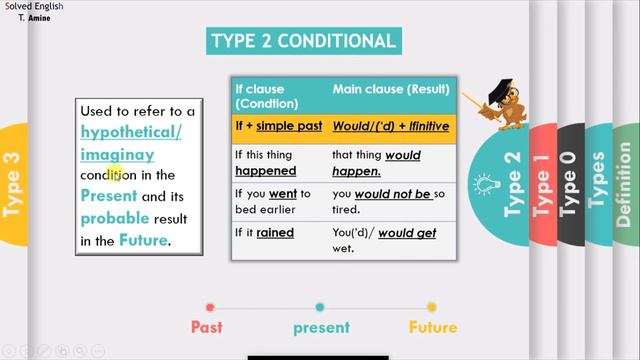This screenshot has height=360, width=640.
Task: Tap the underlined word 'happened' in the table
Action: [x=265, y=171]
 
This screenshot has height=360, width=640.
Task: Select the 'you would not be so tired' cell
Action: [x=390, y=201]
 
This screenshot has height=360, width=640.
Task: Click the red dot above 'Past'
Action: [x=210, y=307]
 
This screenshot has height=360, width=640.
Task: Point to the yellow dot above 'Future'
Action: [x=432, y=307]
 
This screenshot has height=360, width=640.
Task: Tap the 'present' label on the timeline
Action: [x=321, y=328]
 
